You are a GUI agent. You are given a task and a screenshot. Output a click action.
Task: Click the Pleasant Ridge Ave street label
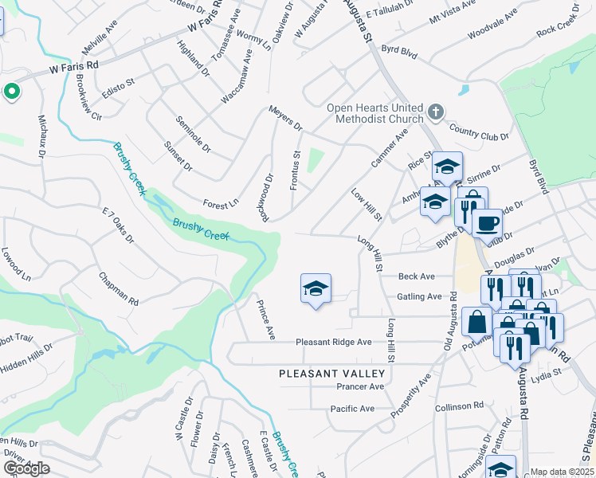334,342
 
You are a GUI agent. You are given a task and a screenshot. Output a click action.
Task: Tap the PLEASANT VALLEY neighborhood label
331,373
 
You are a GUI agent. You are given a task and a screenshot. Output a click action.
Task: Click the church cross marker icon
436,111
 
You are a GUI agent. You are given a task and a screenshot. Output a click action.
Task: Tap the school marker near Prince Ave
316,288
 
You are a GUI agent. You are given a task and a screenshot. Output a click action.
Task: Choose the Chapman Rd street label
119,290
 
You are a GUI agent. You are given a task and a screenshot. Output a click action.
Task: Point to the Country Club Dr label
479,132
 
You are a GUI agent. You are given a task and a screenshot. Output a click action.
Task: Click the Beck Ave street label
417,276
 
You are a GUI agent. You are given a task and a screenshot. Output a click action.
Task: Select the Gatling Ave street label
419,296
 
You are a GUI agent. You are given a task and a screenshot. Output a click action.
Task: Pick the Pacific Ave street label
352,409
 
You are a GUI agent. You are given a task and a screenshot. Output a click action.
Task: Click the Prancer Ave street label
361,386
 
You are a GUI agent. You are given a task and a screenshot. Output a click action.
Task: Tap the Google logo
26,468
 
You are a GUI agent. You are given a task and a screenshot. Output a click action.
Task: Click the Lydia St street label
547,372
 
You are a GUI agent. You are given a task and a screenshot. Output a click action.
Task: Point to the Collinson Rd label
460,406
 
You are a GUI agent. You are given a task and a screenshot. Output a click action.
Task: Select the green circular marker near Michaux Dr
11,92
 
